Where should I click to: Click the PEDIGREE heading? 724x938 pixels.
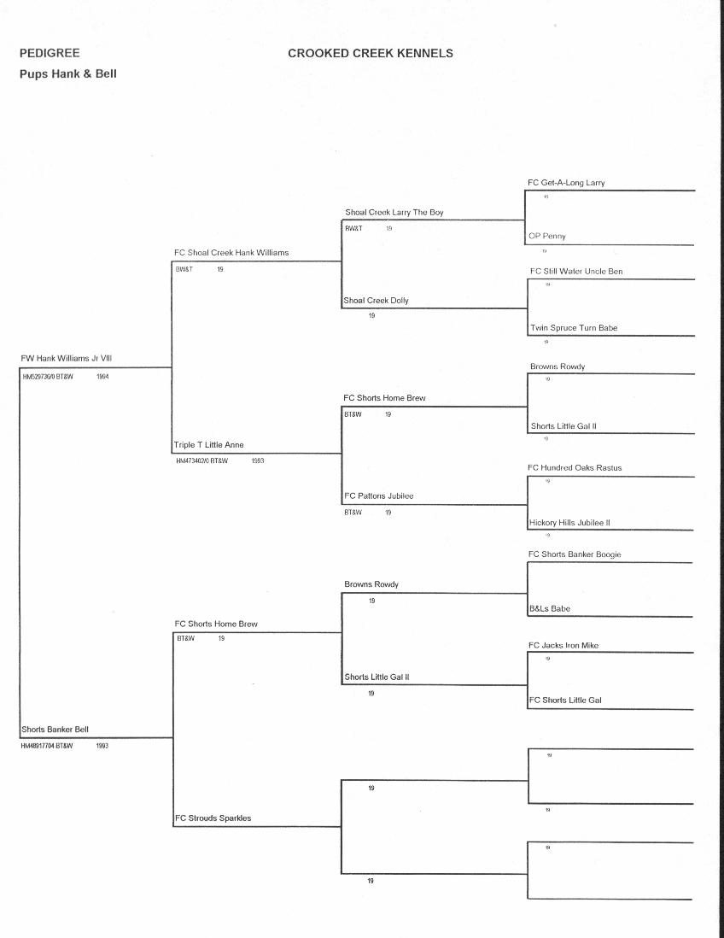click(49, 53)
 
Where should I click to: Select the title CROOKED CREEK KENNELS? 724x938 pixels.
click(370, 53)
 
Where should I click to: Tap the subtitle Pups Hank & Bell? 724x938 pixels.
click(67, 73)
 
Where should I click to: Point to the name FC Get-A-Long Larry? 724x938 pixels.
click(566, 183)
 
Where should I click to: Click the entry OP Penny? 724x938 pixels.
click(546, 236)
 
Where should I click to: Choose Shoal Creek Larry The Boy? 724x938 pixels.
click(394, 212)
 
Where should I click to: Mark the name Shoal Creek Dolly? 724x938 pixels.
click(376, 301)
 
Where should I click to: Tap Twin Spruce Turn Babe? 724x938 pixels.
click(573, 328)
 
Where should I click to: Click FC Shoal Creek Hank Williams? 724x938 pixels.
click(231, 253)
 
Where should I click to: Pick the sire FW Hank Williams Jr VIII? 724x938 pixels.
click(66, 359)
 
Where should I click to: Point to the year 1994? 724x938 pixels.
click(102, 376)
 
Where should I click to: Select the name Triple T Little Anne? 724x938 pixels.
click(208, 445)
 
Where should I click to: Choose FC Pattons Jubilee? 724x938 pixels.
click(378, 496)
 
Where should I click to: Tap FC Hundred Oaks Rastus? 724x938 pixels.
click(574, 468)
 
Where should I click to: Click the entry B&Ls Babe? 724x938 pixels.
click(549, 609)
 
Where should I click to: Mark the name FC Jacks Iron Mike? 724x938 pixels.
click(563, 646)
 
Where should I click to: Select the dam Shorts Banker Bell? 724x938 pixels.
click(55, 730)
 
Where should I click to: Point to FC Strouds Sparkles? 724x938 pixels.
click(213, 818)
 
